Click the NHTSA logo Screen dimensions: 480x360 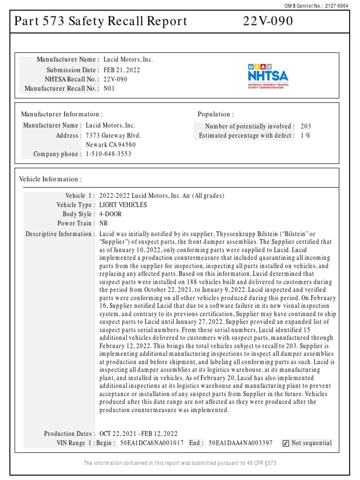point(268,76)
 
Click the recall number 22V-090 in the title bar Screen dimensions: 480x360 point(268,22)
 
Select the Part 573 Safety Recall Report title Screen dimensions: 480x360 point(101,22)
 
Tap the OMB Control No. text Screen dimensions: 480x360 point(323,6)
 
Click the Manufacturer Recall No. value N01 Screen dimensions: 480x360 point(109,88)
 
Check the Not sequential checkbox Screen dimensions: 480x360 point(285,443)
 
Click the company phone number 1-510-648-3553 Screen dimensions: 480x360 point(108,154)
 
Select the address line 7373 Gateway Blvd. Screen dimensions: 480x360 point(113,135)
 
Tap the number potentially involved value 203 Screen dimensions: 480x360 point(306,126)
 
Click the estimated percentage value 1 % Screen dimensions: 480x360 point(306,135)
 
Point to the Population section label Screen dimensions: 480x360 point(216,114)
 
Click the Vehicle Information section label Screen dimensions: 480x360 point(50,179)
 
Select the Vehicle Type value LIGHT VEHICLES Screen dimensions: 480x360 point(123,205)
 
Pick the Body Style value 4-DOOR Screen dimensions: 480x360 point(111,214)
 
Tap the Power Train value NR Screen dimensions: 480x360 point(104,224)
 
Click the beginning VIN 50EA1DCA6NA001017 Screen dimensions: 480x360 point(152,443)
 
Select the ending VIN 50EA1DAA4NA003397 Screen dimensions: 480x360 point(240,443)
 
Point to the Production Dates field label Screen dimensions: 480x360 point(69,434)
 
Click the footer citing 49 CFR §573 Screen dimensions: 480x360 point(180,463)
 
